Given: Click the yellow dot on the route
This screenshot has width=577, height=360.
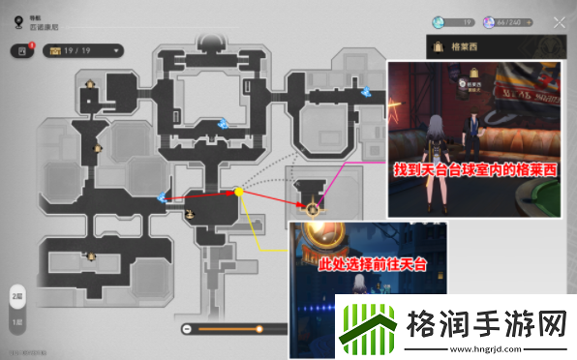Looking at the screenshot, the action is point(239,193).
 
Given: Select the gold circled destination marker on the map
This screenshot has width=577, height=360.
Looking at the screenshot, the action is point(312,207).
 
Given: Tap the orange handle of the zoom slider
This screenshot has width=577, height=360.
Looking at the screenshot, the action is point(258,330).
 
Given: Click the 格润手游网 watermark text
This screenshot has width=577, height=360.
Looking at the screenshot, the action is point(485,318).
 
